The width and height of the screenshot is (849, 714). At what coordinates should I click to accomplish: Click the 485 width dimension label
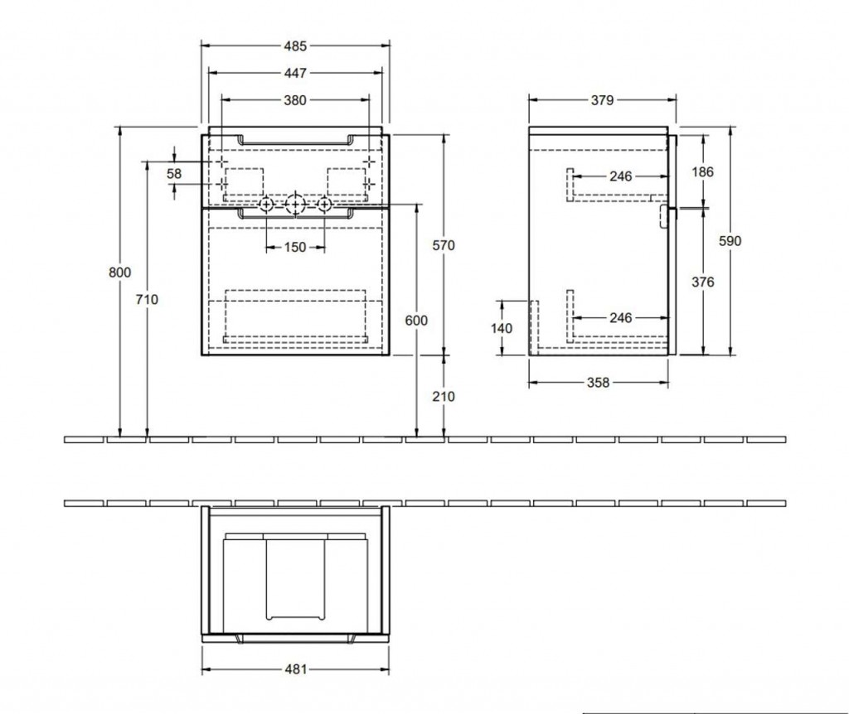pyautogui.click(x=295, y=46)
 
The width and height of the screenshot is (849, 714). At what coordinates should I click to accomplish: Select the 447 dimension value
pyautogui.click(x=295, y=73)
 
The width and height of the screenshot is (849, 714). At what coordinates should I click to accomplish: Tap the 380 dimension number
pyautogui.click(x=295, y=100)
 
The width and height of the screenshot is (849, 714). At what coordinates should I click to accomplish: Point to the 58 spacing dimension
pyautogui.click(x=174, y=174)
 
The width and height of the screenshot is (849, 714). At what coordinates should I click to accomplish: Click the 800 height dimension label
pyautogui.click(x=119, y=272)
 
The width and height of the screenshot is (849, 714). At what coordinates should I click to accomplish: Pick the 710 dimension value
pyautogui.click(x=147, y=299)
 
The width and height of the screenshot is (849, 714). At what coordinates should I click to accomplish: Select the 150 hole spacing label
pyautogui.click(x=295, y=247)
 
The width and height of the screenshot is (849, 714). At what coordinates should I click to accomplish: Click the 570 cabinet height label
pyautogui.click(x=444, y=245)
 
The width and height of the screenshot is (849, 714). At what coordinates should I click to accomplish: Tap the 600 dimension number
pyautogui.click(x=416, y=321)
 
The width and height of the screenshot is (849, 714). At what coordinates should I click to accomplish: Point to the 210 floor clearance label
pyautogui.click(x=444, y=397)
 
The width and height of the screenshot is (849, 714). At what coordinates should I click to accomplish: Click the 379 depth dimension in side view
pyautogui.click(x=602, y=100)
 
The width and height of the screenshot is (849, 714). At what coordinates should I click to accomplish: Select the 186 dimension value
pyautogui.click(x=703, y=172)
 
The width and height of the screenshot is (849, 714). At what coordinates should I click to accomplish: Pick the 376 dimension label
pyautogui.click(x=703, y=282)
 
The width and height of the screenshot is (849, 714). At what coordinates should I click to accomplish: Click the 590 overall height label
pyautogui.click(x=730, y=241)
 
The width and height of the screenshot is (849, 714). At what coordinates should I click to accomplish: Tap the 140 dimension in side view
pyautogui.click(x=502, y=328)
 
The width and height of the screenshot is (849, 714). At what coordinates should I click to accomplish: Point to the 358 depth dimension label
pyautogui.click(x=599, y=383)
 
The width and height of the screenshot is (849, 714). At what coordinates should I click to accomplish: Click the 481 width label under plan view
pyautogui.click(x=296, y=669)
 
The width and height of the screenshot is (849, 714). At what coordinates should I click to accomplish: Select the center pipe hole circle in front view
pyautogui.click(x=295, y=205)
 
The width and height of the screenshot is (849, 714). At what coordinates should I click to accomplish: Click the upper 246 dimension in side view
pyautogui.click(x=620, y=176)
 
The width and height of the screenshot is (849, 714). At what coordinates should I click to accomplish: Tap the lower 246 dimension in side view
pyautogui.click(x=620, y=317)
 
